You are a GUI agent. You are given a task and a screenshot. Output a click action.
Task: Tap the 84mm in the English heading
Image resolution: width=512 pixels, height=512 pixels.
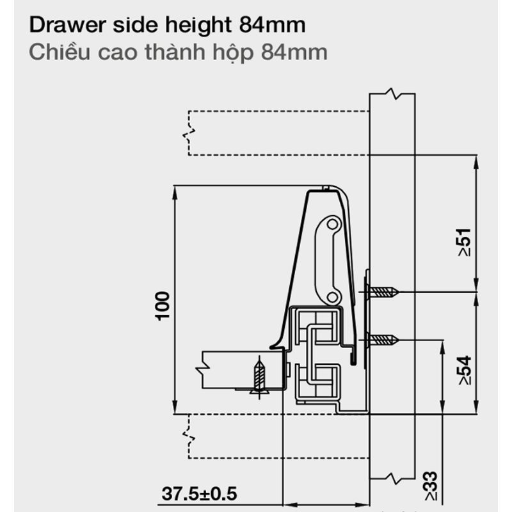pos(273,25)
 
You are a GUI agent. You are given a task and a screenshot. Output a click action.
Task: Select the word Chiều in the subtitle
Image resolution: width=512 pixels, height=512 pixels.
pos(60,52)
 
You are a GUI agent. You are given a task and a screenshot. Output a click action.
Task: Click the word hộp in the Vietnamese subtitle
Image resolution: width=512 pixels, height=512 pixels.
pos(233,53)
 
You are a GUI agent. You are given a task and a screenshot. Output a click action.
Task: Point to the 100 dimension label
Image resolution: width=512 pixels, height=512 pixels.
pos(163,306)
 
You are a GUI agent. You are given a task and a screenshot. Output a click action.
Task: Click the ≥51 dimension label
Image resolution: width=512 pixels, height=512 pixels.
pos(465,243)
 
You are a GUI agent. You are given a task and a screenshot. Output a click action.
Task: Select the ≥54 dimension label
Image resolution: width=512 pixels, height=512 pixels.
pos(465,371)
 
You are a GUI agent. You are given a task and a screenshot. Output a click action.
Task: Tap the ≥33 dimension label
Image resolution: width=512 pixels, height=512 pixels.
pos(430,486)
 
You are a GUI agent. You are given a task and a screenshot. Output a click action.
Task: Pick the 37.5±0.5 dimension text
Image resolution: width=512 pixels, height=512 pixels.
pos(199,493)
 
